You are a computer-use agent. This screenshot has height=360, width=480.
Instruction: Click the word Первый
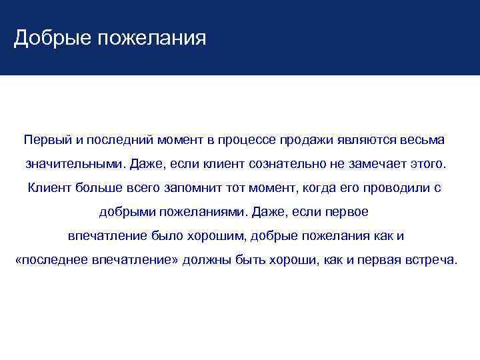45,141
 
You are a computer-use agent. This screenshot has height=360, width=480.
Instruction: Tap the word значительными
75,164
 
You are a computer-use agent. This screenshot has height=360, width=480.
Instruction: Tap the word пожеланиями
203,212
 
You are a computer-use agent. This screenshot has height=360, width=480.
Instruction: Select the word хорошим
217,236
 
